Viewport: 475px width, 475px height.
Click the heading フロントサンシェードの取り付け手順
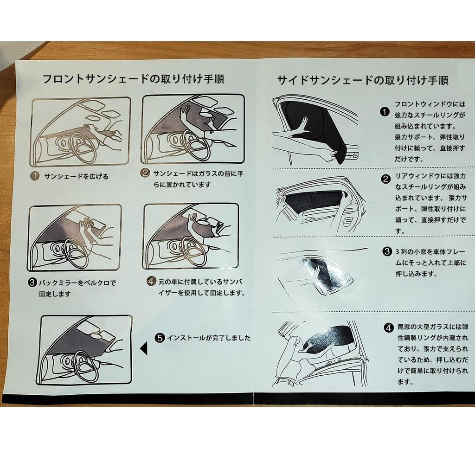click(x=133, y=79)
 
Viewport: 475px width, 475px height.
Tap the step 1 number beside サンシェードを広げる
click(x=35, y=176)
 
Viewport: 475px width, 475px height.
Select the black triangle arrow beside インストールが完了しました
click(x=144, y=348)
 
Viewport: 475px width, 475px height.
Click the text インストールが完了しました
click(x=209, y=338)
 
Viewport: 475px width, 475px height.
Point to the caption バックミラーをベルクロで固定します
click(x=72, y=288)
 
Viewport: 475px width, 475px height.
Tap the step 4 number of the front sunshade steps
click(x=151, y=281)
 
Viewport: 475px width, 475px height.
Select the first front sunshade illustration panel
click(x=80, y=132)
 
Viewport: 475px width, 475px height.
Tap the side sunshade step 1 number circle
click(x=384, y=112)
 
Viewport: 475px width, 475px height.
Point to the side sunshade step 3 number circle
click(x=387, y=252)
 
